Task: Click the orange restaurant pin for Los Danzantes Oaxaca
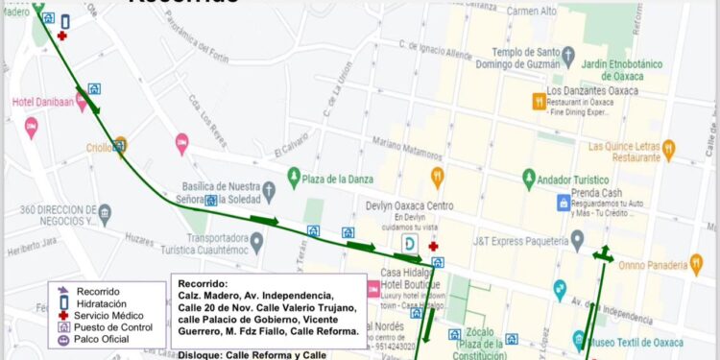tap(538, 98)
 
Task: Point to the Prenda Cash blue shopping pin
tap(564, 203)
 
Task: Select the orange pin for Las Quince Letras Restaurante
tap(669, 150)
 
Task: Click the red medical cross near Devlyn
tap(433, 247)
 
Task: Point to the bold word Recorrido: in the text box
tap(203, 284)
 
